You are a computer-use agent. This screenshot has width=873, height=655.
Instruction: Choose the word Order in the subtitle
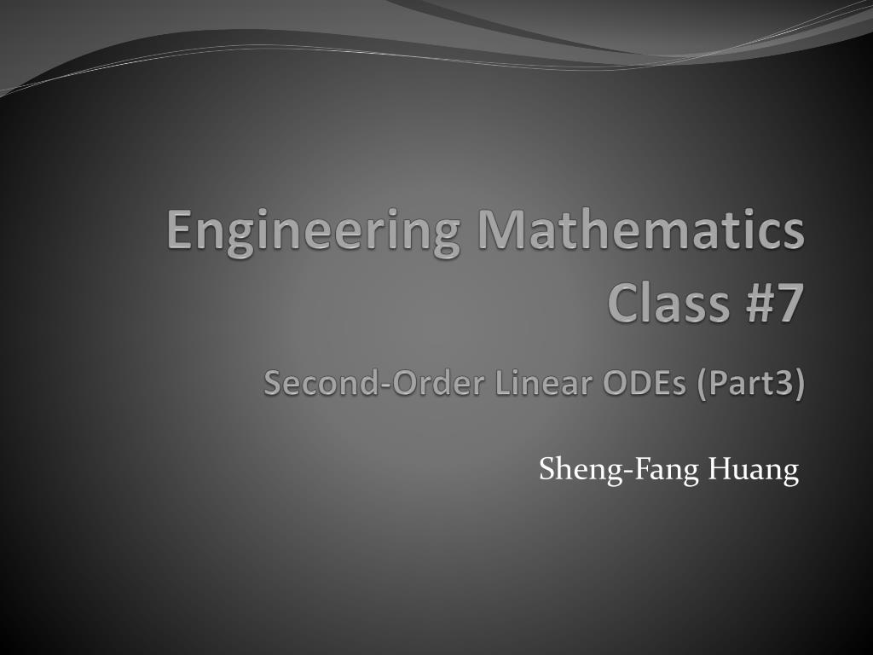pos(422,384)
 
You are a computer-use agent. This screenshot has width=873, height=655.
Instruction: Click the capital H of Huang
pos(718,469)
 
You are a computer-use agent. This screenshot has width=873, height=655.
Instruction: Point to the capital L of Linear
pos(503,384)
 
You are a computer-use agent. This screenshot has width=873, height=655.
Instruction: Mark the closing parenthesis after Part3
pos(800,385)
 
